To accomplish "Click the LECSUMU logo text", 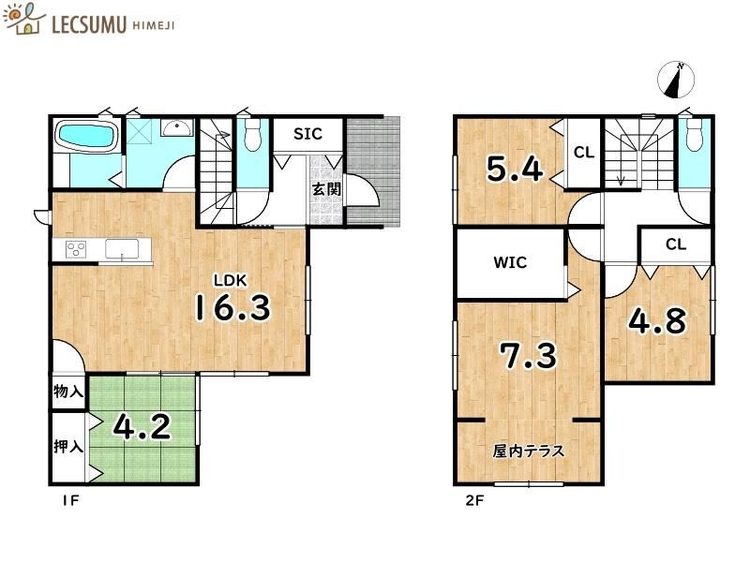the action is tap(89, 24).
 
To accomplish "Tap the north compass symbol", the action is tap(675, 80).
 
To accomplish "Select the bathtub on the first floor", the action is tap(87, 136).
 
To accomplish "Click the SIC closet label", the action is tap(307, 134).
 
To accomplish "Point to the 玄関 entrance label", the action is tap(326, 189).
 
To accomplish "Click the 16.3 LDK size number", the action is tap(232, 307).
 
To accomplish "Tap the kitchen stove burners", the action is tap(76, 249).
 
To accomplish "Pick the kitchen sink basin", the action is tap(122, 249).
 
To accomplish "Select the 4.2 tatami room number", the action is tap(142, 427).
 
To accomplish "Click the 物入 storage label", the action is tap(68, 392).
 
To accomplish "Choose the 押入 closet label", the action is tap(68, 447).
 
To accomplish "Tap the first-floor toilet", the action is tap(252, 134).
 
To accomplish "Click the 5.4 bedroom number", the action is tap(515, 169).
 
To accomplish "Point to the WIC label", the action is tap(510, 262).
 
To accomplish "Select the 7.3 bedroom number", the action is tap(529, 356).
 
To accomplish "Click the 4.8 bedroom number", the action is tap(657, 320).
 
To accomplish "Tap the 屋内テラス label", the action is tap(529, 451).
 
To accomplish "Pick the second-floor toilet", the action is tap(694, 135).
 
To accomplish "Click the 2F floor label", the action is tap(474, 500).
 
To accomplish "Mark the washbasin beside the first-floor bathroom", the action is tap(177, 127).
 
